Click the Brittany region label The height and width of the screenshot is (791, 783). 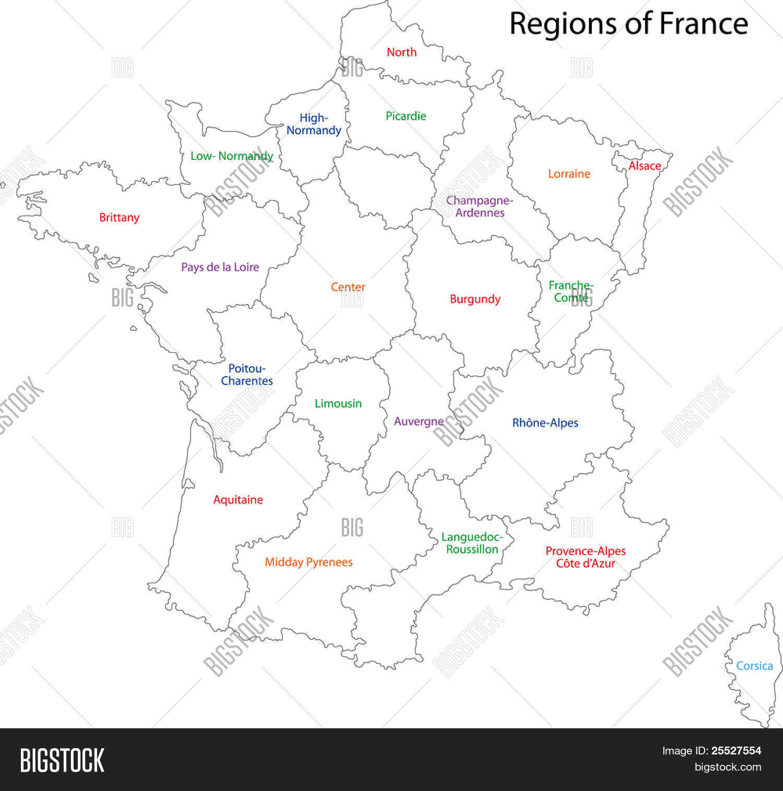pyautogui.click(x=119, y=217)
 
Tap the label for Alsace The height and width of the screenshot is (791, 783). pyautogui.click(x=645, y=166)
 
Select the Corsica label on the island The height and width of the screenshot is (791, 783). pyautogui.click(x=754, y=666)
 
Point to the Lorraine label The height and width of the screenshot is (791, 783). pyautogui.click(x=569, y=173)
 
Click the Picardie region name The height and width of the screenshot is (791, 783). pyautogui.click(x=406, y=116)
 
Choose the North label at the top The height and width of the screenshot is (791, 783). pyautogui.click(x=401, y=52)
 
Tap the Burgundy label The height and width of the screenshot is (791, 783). pyautogui.click(x=475, y=299)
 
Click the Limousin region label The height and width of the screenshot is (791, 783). pyautogui.click(x=338, y=403)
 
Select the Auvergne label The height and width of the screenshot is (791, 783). pyautogui.click(x=419, y=421)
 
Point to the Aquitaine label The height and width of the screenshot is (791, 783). pyautogui.click(x=238, y=499)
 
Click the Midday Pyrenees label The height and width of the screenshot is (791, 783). pyautogui.click(x=309, y=562)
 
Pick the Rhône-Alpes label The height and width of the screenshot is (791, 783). pyautogui.click(x=545, y=423)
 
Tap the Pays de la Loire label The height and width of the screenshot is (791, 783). pyautogui.click(x=220, y=267)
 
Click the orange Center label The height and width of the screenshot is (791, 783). pyautogui.click(x=348, y=287)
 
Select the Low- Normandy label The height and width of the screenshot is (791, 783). pyautogui.click(x=232, y=156)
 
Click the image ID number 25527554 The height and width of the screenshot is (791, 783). pyautogui.click(x=736, y=751)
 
